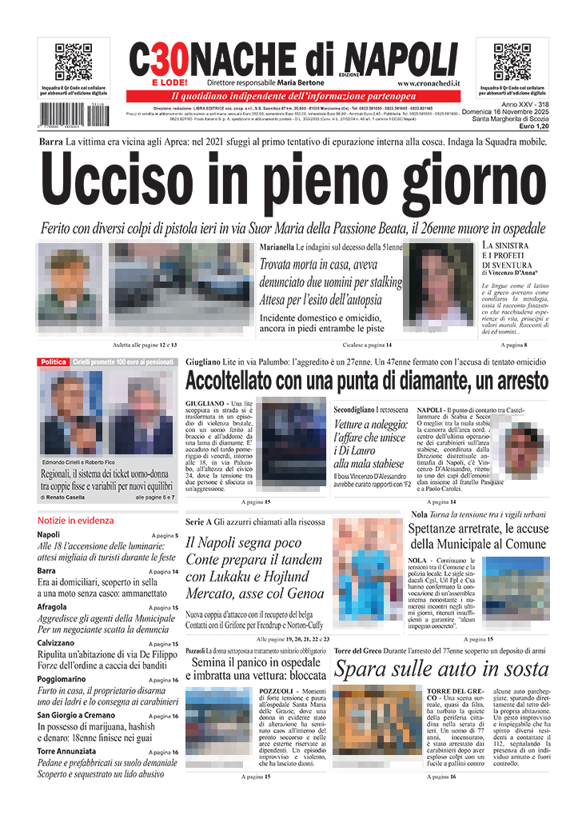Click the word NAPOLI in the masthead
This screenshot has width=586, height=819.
click(x=401, y=58)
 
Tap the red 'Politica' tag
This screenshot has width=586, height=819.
click(x=54, y=362)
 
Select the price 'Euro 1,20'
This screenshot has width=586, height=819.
click(x=532, y=127)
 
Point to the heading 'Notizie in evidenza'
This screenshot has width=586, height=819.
click(x=75, y=520)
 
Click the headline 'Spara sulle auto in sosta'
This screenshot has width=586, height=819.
click(x=441, y=669)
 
